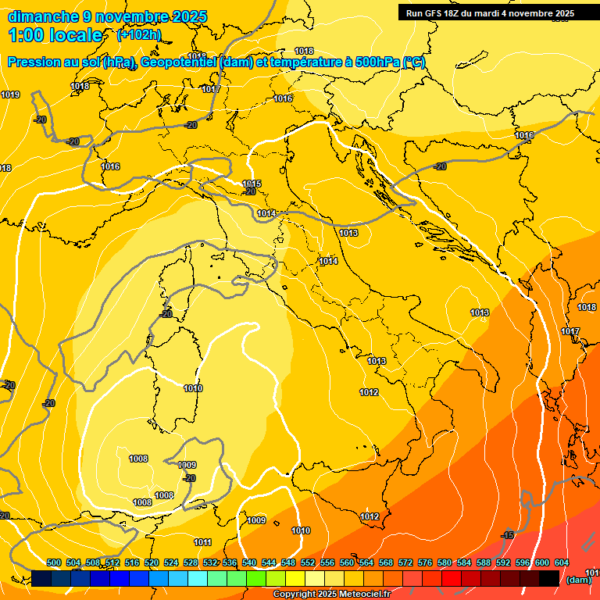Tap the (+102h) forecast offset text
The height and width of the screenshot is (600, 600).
point(139,34)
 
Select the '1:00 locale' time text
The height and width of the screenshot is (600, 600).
point(55,35)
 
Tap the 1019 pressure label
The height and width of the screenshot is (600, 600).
point(10,95)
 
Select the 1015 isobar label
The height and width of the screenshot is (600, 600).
point(252,184)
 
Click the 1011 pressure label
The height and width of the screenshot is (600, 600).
point(202,542)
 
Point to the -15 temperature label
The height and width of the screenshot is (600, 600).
point(508,535)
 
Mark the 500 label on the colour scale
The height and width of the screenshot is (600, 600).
point(54,562)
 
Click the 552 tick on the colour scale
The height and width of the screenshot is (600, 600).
point(308,562)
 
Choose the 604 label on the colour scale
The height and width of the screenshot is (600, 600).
point(562,562)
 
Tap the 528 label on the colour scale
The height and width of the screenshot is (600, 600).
point(191,562)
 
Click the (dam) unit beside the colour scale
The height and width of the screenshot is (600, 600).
point(577,580)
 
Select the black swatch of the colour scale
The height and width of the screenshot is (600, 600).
point(549,578)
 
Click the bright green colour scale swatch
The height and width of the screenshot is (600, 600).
point(256,578)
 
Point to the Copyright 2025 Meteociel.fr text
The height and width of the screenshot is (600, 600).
point(330,594)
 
